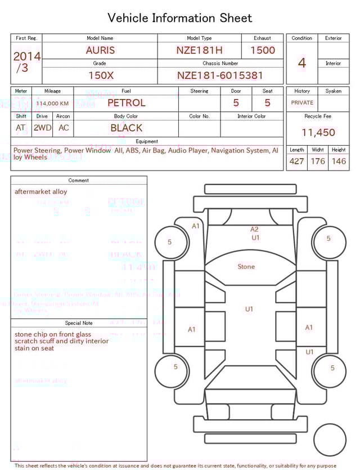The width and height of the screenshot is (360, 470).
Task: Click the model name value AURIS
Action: coord(100,50)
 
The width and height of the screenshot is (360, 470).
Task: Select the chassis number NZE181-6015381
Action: coord(220,75)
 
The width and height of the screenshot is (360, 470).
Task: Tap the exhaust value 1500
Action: coord(263,50)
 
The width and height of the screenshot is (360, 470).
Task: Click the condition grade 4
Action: coord(302,63)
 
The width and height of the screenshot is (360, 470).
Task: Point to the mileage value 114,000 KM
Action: coord(52,104)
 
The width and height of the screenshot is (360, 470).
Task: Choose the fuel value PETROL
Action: coord(126,102)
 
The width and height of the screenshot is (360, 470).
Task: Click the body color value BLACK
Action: coord(126,128)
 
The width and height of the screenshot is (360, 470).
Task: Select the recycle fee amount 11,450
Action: coord(318,133)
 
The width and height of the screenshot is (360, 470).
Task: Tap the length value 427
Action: coord(296,162)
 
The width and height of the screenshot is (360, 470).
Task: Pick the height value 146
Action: coord(339,162)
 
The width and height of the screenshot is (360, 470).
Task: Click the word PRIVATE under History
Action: coord(302,103)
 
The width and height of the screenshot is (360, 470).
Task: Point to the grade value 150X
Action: coord(100,75)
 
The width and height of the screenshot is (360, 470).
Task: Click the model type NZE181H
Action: coord(199,50)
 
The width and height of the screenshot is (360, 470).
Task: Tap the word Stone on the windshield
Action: coord(246,267)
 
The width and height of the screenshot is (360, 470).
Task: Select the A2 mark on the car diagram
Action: coord(254,229)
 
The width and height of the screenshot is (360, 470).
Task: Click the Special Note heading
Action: coord(79,323)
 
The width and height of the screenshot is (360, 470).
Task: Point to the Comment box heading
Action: coord(79,180)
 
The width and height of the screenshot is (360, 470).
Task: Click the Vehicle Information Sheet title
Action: coord(180,18)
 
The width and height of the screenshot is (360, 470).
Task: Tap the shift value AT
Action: coord(21,128)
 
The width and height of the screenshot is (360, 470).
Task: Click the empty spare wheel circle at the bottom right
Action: coord(330,440)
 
